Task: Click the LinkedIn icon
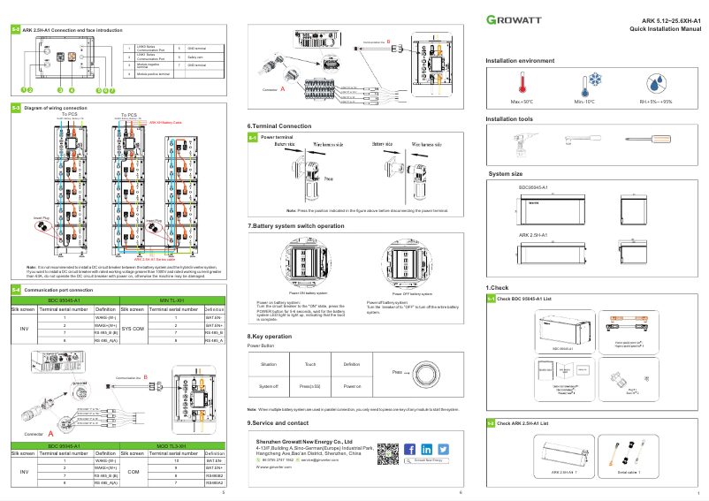[x=427, y=450]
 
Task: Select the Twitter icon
[x=443, y=450]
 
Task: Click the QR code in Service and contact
[x=387, y=453]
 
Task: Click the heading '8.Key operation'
[x=269, y=337]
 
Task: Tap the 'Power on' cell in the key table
[x=352, y=386]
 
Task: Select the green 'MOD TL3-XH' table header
[x=168, y=421]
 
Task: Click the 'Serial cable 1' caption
[x=629, y=473]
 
